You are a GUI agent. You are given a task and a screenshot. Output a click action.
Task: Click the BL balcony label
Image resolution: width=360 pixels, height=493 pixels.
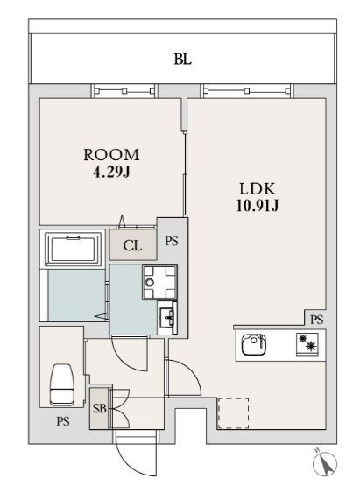click(183, 59)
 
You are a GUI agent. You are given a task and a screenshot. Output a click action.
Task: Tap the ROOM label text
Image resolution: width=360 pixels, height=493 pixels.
click(111, 155)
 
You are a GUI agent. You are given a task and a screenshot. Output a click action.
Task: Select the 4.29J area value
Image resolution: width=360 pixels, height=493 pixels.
click(111, 172)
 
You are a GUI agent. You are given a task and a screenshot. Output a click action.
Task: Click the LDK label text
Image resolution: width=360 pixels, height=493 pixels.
click(258, 188)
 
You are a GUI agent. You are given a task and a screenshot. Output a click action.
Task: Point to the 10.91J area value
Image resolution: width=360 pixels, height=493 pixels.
click(258, 206)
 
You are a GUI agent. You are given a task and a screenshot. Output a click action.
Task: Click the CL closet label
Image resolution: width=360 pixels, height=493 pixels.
click(132, 245)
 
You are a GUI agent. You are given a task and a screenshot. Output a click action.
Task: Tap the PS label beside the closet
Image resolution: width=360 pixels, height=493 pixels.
click(172, 241)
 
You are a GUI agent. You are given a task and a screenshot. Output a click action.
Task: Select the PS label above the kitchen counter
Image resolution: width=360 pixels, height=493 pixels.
click(316, 320)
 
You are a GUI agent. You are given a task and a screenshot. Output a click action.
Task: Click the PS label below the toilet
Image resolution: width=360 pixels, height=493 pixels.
click(63, 421)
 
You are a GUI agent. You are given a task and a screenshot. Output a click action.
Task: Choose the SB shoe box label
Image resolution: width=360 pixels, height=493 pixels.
click(99, 408)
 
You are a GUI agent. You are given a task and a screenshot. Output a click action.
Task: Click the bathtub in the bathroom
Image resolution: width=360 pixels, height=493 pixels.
click(73, 250)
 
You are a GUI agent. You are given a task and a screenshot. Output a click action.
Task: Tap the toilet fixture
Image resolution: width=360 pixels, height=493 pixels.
click(61, 384)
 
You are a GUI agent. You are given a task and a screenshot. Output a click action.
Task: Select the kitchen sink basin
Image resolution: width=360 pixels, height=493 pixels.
click(253, 344)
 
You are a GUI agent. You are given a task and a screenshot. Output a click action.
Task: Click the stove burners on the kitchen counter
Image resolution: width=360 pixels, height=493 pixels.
click(307, 343)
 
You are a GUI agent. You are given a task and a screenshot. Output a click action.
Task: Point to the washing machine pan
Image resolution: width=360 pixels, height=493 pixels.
click(159, 282)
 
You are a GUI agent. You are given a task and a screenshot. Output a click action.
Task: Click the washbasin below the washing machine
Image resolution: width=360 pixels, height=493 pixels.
click(167, 318)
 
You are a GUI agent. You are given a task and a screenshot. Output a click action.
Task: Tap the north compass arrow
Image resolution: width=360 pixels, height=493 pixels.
click(325, 463)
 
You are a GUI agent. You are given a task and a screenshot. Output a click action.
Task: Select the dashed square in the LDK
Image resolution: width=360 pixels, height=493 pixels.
click(233, 413)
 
